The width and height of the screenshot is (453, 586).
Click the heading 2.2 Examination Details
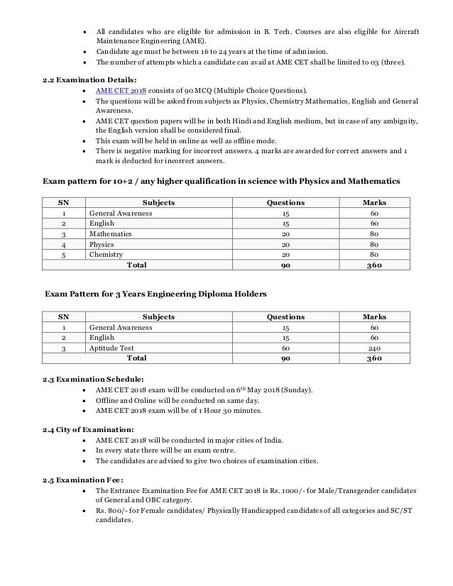pyautogui.click(x=77, y=80)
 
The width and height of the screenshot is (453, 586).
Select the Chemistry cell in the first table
pyautogui.click(x=106, y=255)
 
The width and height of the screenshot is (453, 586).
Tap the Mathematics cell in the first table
pyautogui.click(x=110, y=233)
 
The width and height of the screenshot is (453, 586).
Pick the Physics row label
pyautogui.click(x=102, y=244)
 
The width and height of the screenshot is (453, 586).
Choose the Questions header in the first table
pyautogui.click(x=285, y=202)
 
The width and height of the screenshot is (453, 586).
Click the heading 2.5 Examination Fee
pyautogui.click(x=78, y=478)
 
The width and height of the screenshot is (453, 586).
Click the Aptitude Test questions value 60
pyautogui.click(x=285, y=349)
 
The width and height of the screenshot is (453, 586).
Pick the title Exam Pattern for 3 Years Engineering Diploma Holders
pyautogui.click(x=157, y=292)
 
